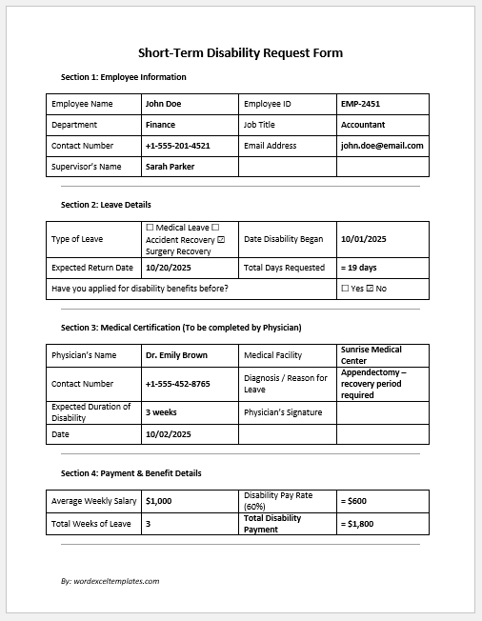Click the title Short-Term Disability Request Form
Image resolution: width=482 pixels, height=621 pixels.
click(240, 53)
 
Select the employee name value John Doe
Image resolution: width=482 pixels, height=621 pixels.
click(163, 104)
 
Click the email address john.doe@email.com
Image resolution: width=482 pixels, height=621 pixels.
click(382, 146)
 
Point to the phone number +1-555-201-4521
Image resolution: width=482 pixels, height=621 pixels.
click(177, 146)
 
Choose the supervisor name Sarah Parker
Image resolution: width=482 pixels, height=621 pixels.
click(171, 167)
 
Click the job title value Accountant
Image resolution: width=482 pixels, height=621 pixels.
click(363, 125)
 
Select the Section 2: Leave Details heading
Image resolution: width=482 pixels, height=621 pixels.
click(106, 205)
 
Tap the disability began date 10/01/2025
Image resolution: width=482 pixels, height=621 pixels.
click(363, 239)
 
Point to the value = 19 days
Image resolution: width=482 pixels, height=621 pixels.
click(358, 268)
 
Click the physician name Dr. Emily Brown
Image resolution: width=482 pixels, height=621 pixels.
click(177, 355)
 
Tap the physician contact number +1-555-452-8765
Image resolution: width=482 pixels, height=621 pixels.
click(177, 384)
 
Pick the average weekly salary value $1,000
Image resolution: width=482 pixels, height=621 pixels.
click(159, 500)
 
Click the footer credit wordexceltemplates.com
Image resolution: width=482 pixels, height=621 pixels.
click(110, 580)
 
